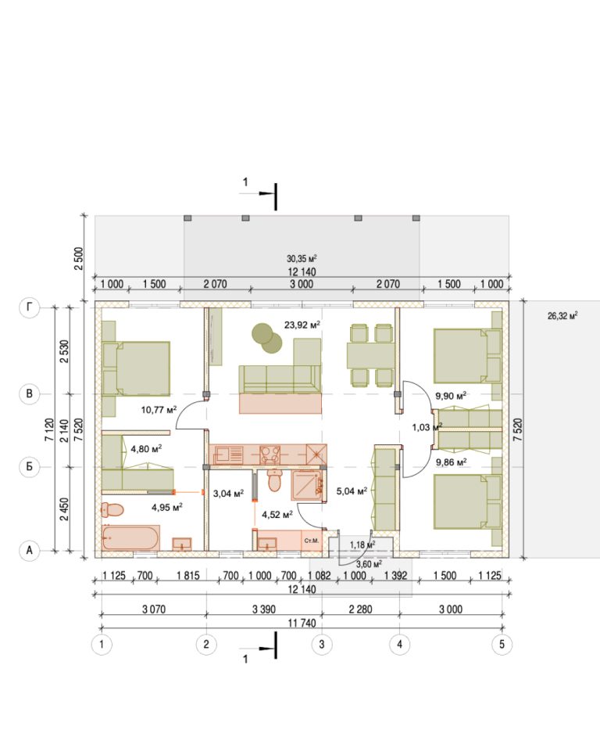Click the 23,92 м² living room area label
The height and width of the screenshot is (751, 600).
tap(302, 325)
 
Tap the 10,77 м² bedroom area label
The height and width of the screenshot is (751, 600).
tap(159, 409)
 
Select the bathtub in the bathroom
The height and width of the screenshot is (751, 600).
tap(130, 537)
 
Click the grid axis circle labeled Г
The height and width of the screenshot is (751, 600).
tap(29, 307)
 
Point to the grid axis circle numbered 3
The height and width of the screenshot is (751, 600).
tap(322, 644)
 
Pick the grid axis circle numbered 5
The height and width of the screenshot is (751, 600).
tap(502, 644)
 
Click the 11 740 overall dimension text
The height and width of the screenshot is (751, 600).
tap(302, 623)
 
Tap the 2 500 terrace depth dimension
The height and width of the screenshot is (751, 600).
tap(79, 258)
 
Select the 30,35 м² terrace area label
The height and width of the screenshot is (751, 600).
tap(302, 259)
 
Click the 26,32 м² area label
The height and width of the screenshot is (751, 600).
tap(562, 315)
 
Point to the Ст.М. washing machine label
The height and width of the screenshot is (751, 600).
tap(312, 541)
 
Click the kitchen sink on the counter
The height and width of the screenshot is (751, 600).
tap(229, 455)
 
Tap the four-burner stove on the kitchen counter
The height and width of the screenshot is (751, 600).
tap(270, 455)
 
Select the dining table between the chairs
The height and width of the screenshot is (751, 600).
tap(371, 355)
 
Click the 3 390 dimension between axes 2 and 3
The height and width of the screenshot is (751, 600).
tap(264, 609)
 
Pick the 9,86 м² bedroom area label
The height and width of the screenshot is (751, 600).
tap(452, 462)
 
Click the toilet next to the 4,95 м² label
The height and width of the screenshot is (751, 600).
tap(112, 509)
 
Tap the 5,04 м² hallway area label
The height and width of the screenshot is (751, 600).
tap(352, 491)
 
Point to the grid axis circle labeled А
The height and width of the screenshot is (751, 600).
tap(29, 550)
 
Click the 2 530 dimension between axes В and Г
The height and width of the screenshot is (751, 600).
tap(64, 351)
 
